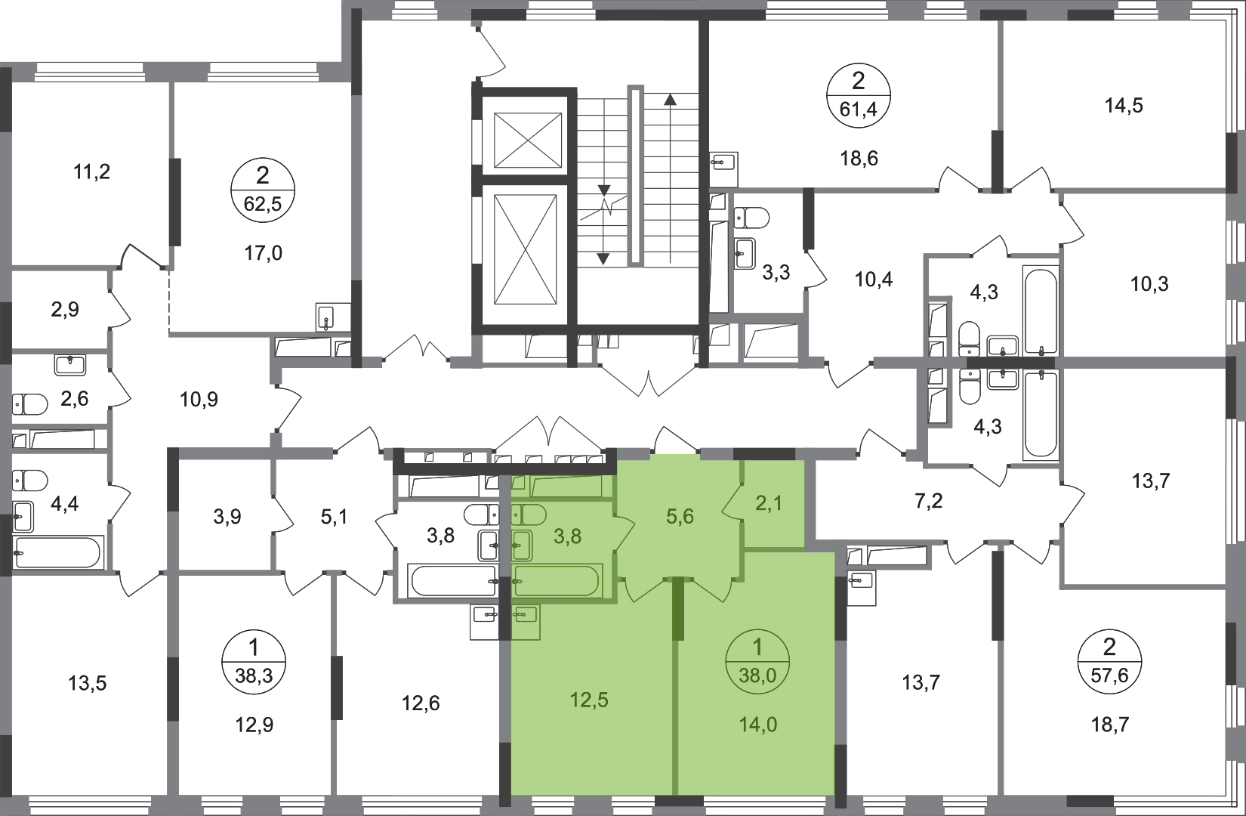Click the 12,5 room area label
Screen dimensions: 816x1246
click(590, 700)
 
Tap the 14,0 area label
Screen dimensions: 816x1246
click(759, 725)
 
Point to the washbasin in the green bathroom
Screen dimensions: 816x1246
click(522, 542)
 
